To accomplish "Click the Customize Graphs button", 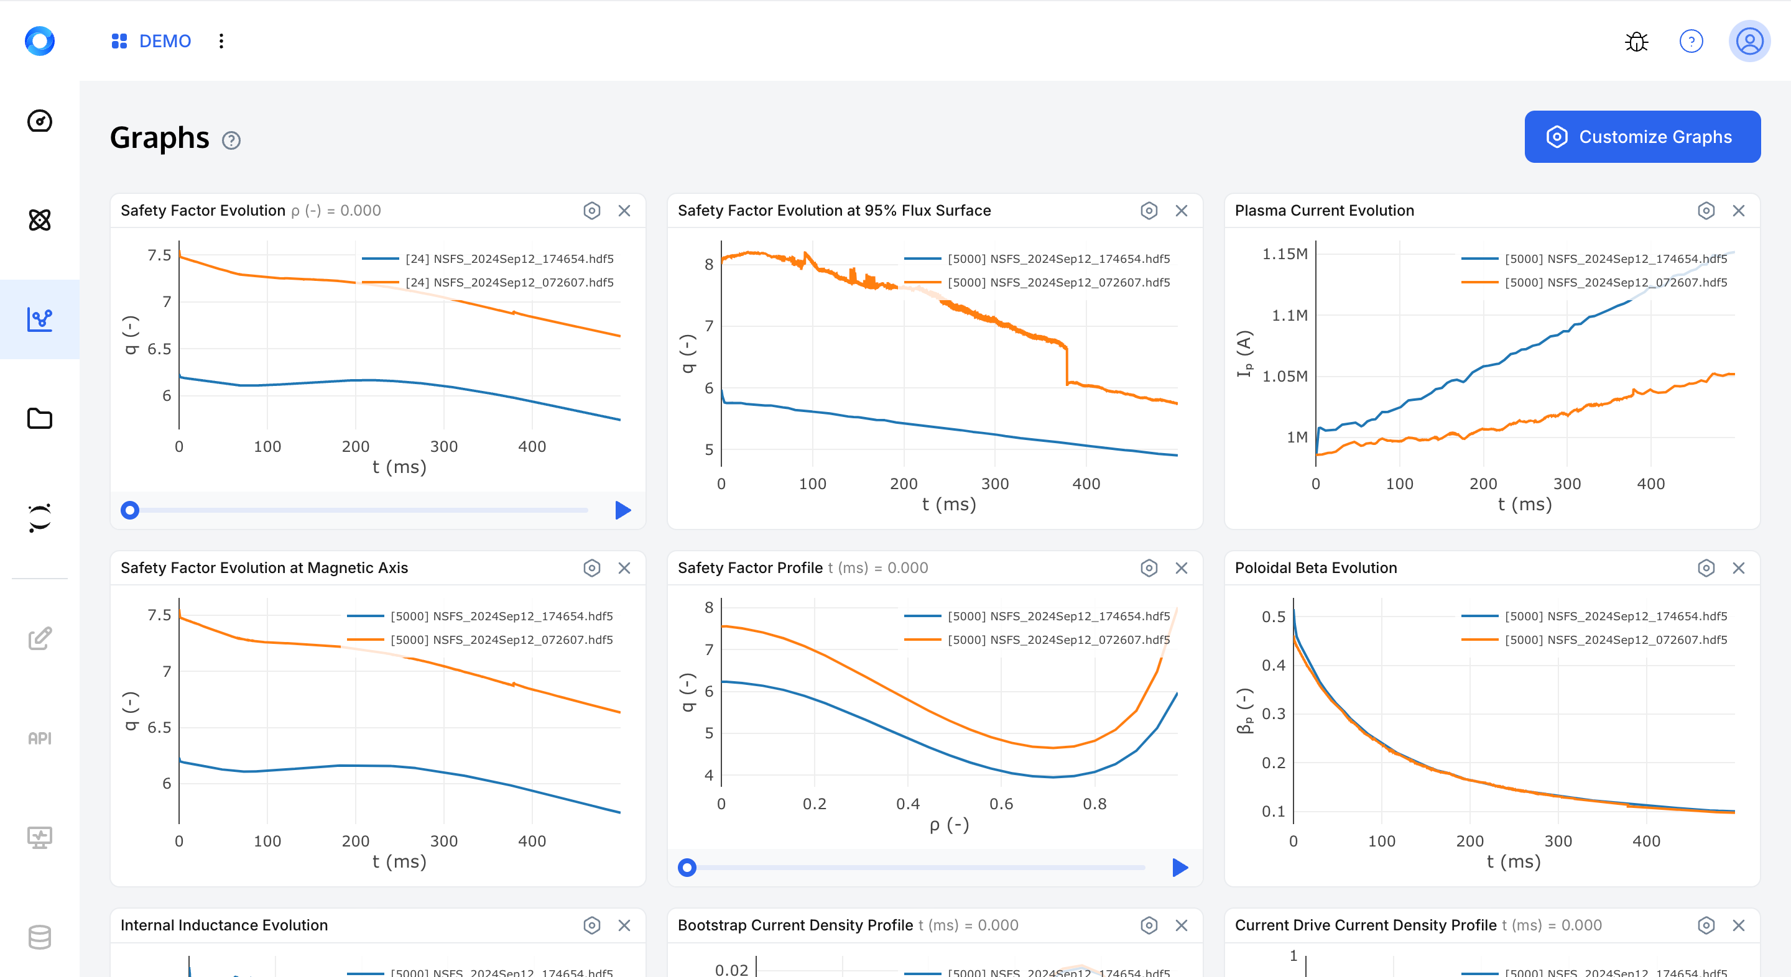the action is point(1642,137).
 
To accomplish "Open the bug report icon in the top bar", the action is point(1637,42).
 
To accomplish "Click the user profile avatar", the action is point(1749,42).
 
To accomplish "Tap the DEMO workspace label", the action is point(165,41).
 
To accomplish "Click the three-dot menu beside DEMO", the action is point(221,41).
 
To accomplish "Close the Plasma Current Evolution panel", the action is point(1738,211).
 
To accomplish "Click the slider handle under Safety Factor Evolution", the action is point(130,510).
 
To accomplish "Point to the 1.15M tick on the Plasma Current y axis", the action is point(1285,254).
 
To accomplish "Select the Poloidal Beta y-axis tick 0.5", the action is point(1273,617).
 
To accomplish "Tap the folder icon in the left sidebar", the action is point(40,418).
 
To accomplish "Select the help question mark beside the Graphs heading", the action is point(231,140).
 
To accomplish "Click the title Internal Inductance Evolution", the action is point(224,925).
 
